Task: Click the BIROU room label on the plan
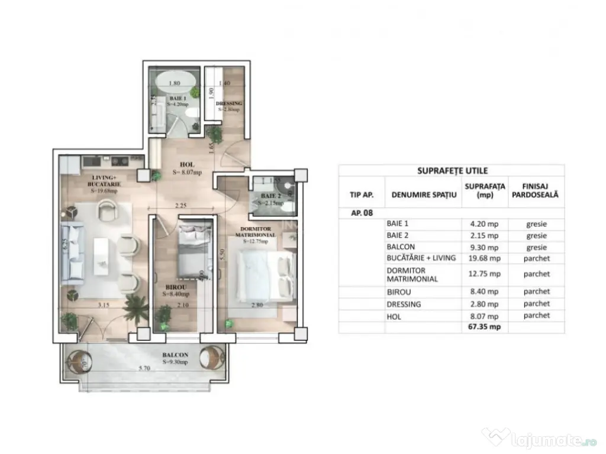click(176, 287)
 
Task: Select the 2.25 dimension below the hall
click(181, 206)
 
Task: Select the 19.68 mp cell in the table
click(485, 258)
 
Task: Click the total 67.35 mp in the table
click(485, 326)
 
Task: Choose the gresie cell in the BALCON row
click(536, 248)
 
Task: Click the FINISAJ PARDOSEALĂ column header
click(536, 190)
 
